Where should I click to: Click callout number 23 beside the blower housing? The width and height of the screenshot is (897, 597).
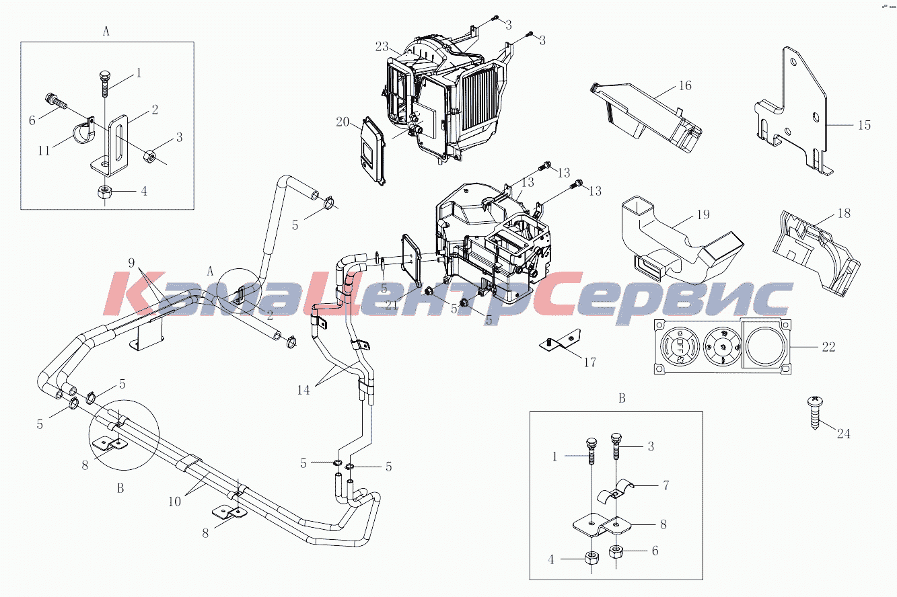coord(382,47)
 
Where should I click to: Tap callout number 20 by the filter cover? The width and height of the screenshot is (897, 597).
coord(343,122)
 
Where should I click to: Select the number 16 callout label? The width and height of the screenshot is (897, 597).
coord(685,85)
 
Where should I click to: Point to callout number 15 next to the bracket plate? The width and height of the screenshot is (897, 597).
coord(864,125)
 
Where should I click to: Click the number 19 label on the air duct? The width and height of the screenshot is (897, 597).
coord(703,215)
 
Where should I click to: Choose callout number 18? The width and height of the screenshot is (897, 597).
coord(844,213)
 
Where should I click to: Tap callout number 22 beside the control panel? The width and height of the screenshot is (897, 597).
coord(828,347)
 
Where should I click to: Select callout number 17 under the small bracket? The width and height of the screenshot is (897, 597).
coord(590,362)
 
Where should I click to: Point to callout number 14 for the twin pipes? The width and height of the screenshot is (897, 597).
coord(303,390)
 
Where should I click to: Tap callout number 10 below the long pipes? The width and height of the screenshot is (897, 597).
coord(174,502)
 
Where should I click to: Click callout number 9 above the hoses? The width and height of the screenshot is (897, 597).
coord(131,263)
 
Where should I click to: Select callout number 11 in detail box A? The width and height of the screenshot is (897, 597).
coord(44,151)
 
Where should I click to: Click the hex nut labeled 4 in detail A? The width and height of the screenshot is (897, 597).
coord(105,192)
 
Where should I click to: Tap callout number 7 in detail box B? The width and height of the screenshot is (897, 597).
coord(666,485)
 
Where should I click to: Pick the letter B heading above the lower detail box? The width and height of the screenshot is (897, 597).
coord(622,399)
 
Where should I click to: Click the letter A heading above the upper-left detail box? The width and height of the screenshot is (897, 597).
coord(106,31)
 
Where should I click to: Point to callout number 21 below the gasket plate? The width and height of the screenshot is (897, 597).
coord(391,306)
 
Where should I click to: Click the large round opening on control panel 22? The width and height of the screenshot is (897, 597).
coord(765,346)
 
